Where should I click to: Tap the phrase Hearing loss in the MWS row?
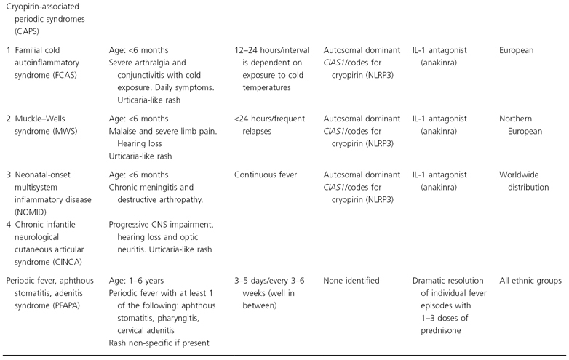pos(146,143)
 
